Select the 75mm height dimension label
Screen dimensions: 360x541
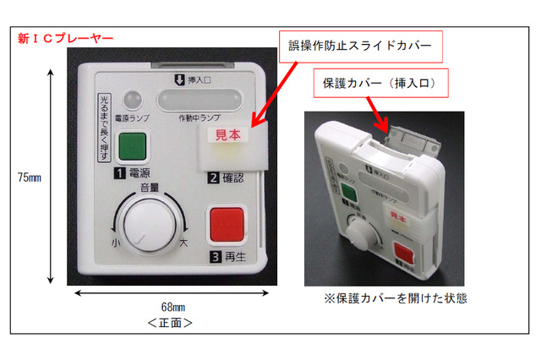tap(30, 177)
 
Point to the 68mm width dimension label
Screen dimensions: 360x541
tap(172, 306)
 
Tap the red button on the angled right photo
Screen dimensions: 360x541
tap(404, 253)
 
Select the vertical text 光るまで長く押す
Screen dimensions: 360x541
tap(103, 127)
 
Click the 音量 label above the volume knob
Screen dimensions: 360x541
tap(149, 187)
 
